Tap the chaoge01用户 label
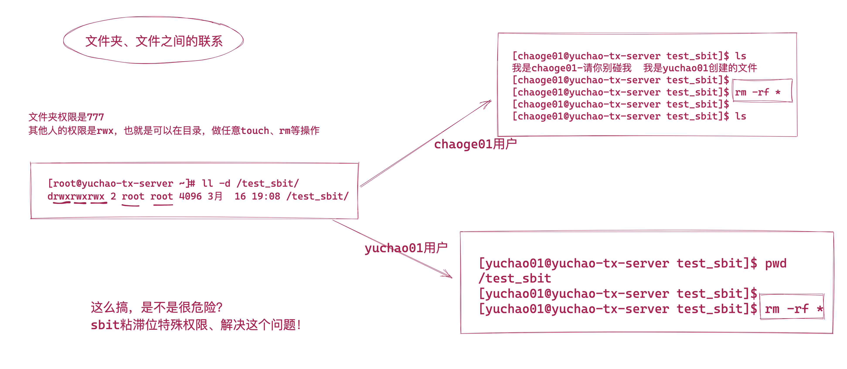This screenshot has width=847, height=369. pos(475,144)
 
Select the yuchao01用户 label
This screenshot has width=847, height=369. pos(406,248)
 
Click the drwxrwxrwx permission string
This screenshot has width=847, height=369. pos(76,196)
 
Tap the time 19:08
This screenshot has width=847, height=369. pos(266,196)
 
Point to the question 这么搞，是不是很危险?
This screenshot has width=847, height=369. pos(156,307)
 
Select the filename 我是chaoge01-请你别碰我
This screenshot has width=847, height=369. pos(572,68)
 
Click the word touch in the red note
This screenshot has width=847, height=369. pos(255,131)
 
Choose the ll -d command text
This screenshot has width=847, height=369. pos(216,183)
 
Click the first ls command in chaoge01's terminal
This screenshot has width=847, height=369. pos(740,56)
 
